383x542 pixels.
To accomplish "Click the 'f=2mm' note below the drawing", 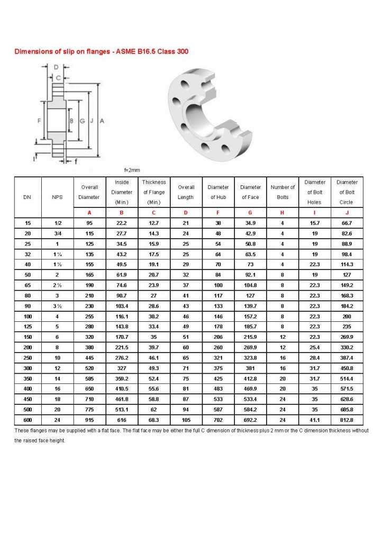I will (132, 170).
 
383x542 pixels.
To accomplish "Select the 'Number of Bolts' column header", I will (283, 192).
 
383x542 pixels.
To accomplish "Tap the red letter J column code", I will (347, 213).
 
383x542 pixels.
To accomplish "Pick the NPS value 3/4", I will (57, 233).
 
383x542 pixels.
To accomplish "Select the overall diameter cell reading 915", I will (89, 420).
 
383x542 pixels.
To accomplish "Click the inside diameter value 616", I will (122, 420).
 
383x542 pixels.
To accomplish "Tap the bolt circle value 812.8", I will (347, 420).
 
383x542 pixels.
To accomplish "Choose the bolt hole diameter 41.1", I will (315, 420).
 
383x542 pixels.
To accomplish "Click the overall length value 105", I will (186, 420).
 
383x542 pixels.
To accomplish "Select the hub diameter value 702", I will (218, 420).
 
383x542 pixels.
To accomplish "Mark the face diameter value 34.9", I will (250, 223).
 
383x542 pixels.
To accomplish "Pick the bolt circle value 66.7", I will (347, 223).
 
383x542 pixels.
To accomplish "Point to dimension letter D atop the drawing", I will (57, 67).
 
